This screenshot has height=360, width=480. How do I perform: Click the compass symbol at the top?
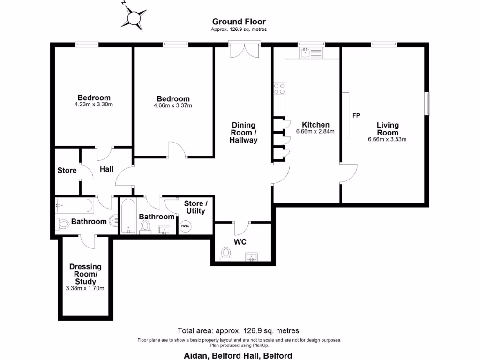[x=133, y=17]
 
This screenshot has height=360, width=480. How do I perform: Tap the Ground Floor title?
[x=239, y=22]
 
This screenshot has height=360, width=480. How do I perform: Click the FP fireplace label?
[x=356, y=115]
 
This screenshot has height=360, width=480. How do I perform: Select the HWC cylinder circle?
[x=186, y=226]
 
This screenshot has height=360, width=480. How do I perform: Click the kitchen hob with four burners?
[x=279, y=89]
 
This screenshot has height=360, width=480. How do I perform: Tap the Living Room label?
[x=388, y=128]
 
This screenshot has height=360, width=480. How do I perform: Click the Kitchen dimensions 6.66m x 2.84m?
[x=315, y=132]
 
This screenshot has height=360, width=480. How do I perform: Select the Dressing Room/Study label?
[x=85, y=274]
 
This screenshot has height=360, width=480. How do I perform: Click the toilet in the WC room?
[x=226, y=254]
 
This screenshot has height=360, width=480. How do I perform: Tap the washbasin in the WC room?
[x=252, y=256]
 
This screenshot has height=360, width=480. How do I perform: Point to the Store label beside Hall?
[x=67, y=170]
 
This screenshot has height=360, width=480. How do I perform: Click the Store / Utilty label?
[x=195, y=207]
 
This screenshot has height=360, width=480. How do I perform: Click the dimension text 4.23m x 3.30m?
[x=94, y=105]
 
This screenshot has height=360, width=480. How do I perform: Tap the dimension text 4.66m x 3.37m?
[x=173, y=106]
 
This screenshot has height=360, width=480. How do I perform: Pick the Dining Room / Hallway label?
[x=244, y=132]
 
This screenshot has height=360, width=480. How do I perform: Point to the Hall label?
[x=107, y=169]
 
